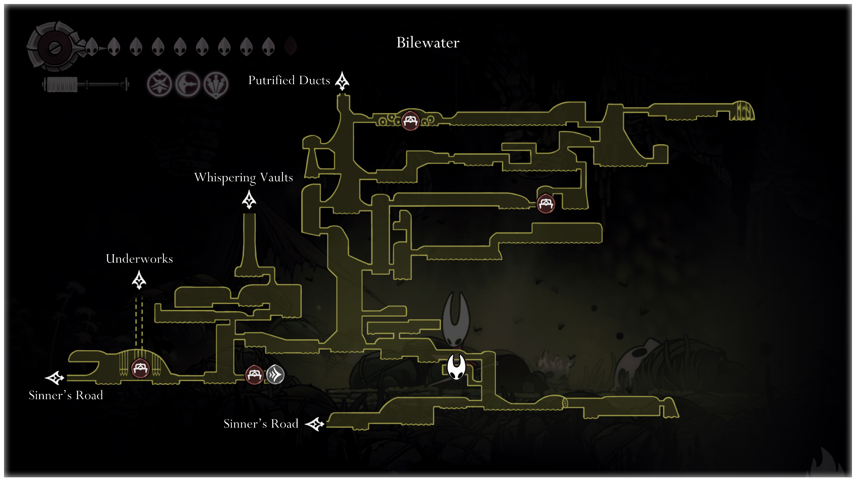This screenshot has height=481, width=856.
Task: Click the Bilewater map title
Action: click(428, 43)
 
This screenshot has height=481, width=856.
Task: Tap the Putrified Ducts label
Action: click(289, 81)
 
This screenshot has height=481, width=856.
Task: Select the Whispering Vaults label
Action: click(243, 177)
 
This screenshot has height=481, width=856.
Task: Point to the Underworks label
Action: click(139, 259)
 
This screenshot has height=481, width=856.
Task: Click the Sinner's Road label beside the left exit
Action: click(66, 395)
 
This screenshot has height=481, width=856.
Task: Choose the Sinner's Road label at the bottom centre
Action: click(261, 424)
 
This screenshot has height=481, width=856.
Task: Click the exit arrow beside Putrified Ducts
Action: click(342, 81)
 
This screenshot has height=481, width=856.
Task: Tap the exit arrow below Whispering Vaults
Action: click(249, 200)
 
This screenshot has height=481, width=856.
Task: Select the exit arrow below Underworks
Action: click(139, 280)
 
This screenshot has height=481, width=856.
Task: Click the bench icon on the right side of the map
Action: click(546, 203)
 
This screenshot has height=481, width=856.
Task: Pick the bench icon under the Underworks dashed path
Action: click(140, 368)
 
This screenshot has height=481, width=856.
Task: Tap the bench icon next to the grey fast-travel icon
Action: click(254, 375)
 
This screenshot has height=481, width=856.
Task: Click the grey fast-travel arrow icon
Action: click(275, 374)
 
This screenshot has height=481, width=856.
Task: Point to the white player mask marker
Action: click(456, 367)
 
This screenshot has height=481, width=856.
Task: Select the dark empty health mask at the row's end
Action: click(291, 46)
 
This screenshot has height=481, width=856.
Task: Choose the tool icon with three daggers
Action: click(216, 85)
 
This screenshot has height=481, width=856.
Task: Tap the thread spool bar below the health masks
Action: click(85, 85)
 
